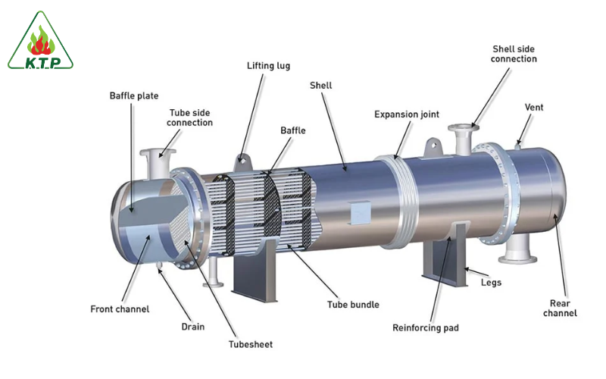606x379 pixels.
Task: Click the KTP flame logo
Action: pyautogui.click(x=41, y=41)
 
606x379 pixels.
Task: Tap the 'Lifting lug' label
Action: pyautogui.click(x=269, y=66)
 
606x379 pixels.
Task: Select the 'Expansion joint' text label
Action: pyautogui.click(x=407, y=114)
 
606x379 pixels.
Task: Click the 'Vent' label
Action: pyautogui.click(x=534, y=107)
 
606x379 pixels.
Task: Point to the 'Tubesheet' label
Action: pyautogui.click(x=251, y=344)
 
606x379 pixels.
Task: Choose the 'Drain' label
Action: pyautogui.click(x=193, y=327)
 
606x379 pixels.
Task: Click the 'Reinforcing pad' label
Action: pyautogui.click(x=426, y=328)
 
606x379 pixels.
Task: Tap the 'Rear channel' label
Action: pyautogui.click(x=560, y=309)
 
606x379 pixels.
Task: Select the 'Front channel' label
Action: pyautogui.click(x=120, y=309)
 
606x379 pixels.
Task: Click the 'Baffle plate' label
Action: pyautogui.click(x=134, y=96)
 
